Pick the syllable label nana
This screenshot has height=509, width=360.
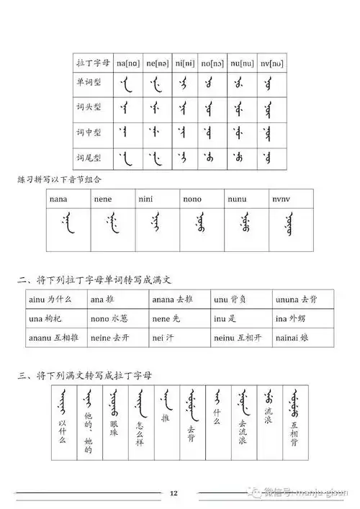[58, 198]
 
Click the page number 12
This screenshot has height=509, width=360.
[174, 493]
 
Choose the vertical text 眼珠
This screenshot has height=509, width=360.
[112, 429]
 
